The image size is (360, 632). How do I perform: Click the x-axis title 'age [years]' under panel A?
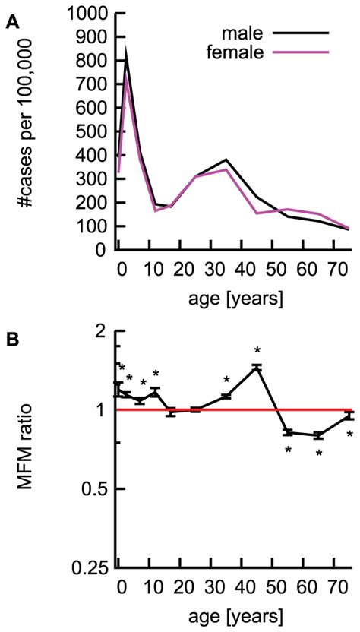coord(225,300)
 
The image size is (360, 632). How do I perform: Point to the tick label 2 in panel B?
coord(98,330)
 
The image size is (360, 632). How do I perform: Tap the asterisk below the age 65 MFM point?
coord(319,453)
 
